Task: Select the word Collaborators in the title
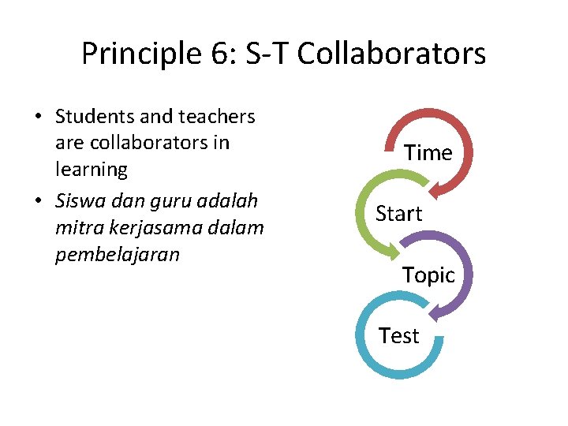click(391, 54)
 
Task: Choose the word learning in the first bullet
click(92, 169)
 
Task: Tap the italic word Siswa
click(80, 201)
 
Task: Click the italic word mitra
click(76, 228)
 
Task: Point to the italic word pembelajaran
click(118, 255)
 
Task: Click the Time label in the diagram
click(428, 152)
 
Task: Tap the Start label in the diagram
click(398, 213)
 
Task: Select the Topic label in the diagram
click(428, 275)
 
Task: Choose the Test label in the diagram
click(398, 335)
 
